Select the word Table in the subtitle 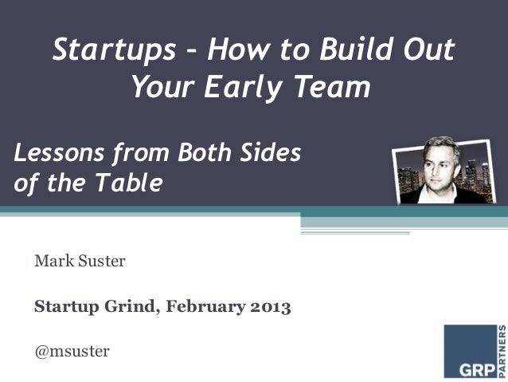click(131, 183)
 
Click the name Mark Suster click(80, 260)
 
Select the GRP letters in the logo click(470, 368)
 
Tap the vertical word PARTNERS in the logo click(502, 350)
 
